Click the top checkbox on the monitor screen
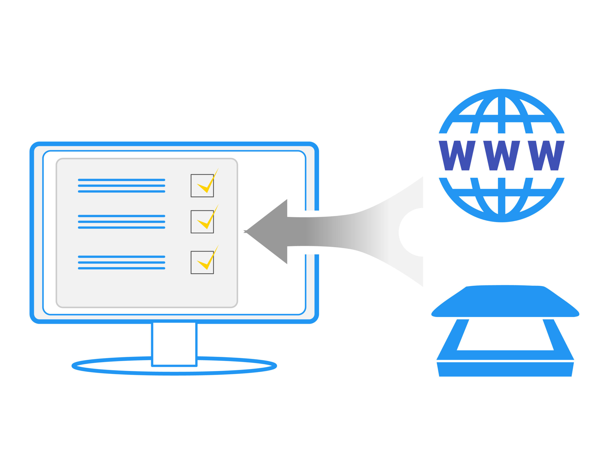click(202, 186)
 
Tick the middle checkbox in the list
click(202, 222)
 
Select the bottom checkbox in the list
click(202, 262)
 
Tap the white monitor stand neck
click(174, 344)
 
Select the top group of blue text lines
click(121, 186)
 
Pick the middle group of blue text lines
click(121, 222)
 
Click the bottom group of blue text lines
click(121, 262)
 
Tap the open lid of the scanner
click(505, 301)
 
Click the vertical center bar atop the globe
click(501, 115)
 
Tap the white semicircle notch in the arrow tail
click(412, 232)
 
